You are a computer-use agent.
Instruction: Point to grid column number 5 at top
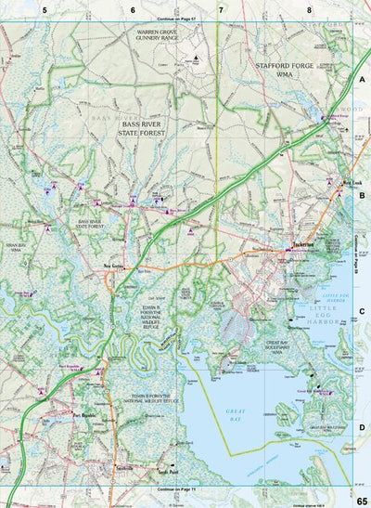coord(44,8)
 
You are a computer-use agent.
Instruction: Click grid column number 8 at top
coord(309,8)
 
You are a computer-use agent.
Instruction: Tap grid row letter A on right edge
coord(363,82)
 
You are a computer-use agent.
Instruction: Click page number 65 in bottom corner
coord(361,501)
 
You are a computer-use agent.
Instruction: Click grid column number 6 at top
coord(133,8)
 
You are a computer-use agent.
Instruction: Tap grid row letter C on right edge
coord(363,312)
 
